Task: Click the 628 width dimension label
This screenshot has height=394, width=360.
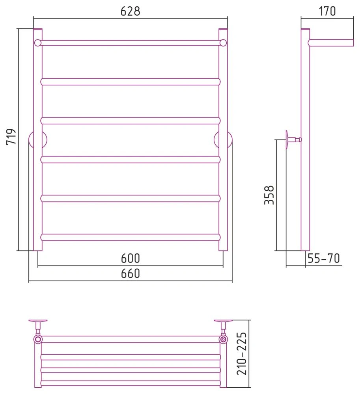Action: [130, 11]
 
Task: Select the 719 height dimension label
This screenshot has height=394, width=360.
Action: [11, 137]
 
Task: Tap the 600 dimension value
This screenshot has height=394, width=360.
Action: [130, 258]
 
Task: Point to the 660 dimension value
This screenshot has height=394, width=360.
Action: [130, 273]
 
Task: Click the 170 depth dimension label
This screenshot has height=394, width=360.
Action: [327, 11]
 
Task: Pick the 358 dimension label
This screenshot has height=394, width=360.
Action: [269, 195]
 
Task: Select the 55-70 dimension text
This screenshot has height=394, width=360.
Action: [324, 258]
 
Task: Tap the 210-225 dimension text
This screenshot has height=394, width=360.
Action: [242, 354]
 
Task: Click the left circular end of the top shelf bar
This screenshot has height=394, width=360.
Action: [38, 43]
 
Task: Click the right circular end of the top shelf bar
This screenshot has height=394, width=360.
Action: [223, 43]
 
